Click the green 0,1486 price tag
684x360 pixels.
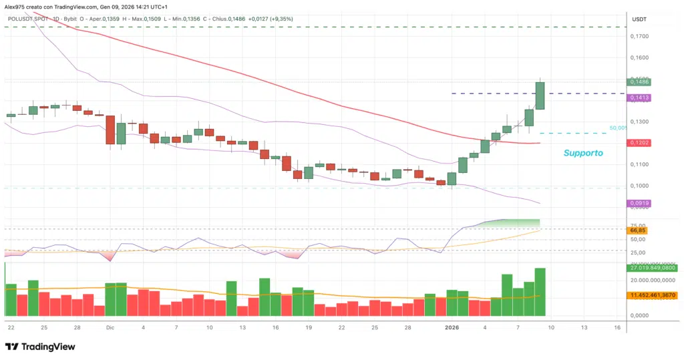640,82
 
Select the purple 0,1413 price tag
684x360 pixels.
640,98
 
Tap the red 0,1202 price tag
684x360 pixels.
640,143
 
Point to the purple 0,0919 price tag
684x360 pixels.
640,202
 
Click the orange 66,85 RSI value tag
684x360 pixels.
638,230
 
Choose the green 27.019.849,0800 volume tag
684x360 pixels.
653,268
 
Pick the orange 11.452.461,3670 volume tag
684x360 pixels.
653,295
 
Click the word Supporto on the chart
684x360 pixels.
583,153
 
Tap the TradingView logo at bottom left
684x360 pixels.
40,347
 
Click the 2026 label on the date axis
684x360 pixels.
452,327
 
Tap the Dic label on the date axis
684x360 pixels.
110,327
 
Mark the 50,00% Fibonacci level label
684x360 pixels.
617,128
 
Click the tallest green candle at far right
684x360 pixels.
540,96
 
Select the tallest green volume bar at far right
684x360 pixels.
540,291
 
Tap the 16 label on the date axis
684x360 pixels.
617,327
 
